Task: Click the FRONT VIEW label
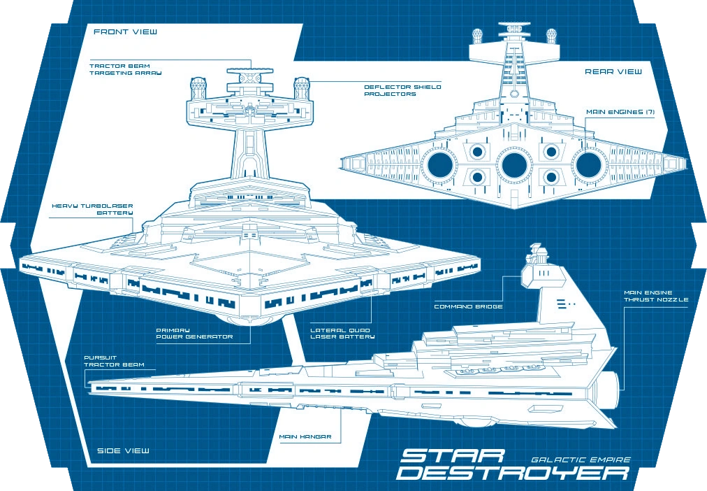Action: click(125, 32)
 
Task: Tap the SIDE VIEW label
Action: click(123, 450)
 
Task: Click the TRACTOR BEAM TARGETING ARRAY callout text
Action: click(120, 69)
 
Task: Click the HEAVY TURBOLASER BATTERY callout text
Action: click(93, 210)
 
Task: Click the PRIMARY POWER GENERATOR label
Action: click(183, 333)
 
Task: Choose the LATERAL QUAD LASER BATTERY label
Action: click(340, 333)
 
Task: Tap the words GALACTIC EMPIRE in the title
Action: click(581, 460)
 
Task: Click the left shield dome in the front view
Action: click(196, 88)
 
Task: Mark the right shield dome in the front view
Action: click(302, 87)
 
